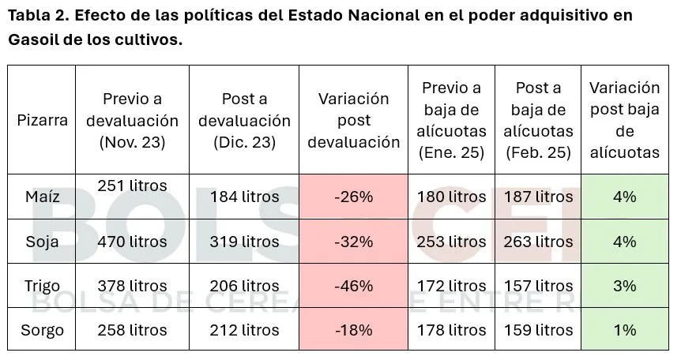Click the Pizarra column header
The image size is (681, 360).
point(42,121)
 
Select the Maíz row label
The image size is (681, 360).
point(42,197)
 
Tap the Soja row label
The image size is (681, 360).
point(42,242)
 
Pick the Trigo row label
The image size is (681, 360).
point(42,286)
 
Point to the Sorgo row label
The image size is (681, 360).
point(42,330)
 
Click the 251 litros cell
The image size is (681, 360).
point(132,186)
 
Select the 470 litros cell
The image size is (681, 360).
point(132,242)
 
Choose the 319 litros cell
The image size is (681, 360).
point(244,242)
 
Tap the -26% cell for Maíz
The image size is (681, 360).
point(353,197)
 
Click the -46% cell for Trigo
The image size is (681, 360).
point(353,286)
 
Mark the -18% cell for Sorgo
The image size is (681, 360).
point(353,330)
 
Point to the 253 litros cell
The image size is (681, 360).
point(451,242)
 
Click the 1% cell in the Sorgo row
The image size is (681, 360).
point(624,330)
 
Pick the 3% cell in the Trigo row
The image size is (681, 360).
point(624,286)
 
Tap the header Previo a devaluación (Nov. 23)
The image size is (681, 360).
point(132,121)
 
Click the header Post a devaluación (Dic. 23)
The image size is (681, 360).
point(244,121)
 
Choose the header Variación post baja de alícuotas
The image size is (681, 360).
point(624,120)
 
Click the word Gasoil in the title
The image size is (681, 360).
point(32,40)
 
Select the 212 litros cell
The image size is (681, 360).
point(244,330)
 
